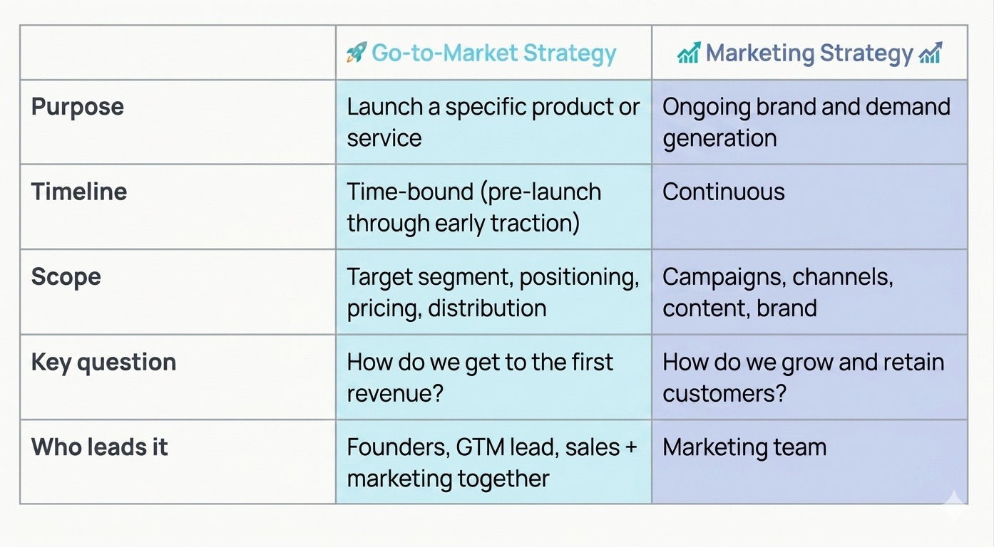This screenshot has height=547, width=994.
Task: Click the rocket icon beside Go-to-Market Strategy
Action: click(x=356, y=53)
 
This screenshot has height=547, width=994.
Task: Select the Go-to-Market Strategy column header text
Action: click(x=493, y=53)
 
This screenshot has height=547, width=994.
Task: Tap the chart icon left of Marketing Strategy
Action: click(x=688, y=53)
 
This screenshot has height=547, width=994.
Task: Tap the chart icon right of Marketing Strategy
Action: click(x=931, y=53)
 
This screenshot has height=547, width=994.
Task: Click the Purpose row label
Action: click(x=78, y=107)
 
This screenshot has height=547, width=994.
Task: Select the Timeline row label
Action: click(x=79, y=192)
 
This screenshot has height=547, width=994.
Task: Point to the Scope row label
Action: click(x=66, y=276)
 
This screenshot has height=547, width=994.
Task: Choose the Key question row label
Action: click(x=103, y=362)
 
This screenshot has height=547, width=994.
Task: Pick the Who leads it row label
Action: click(x=100, y=447)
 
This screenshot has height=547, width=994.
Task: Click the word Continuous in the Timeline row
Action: click(x=723, y=192)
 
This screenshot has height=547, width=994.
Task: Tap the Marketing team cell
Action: click(x=744, y=447)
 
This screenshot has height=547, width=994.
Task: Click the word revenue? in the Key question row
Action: click(x=395, y=393)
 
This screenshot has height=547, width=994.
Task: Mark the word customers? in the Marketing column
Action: click(x=724, y=393)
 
